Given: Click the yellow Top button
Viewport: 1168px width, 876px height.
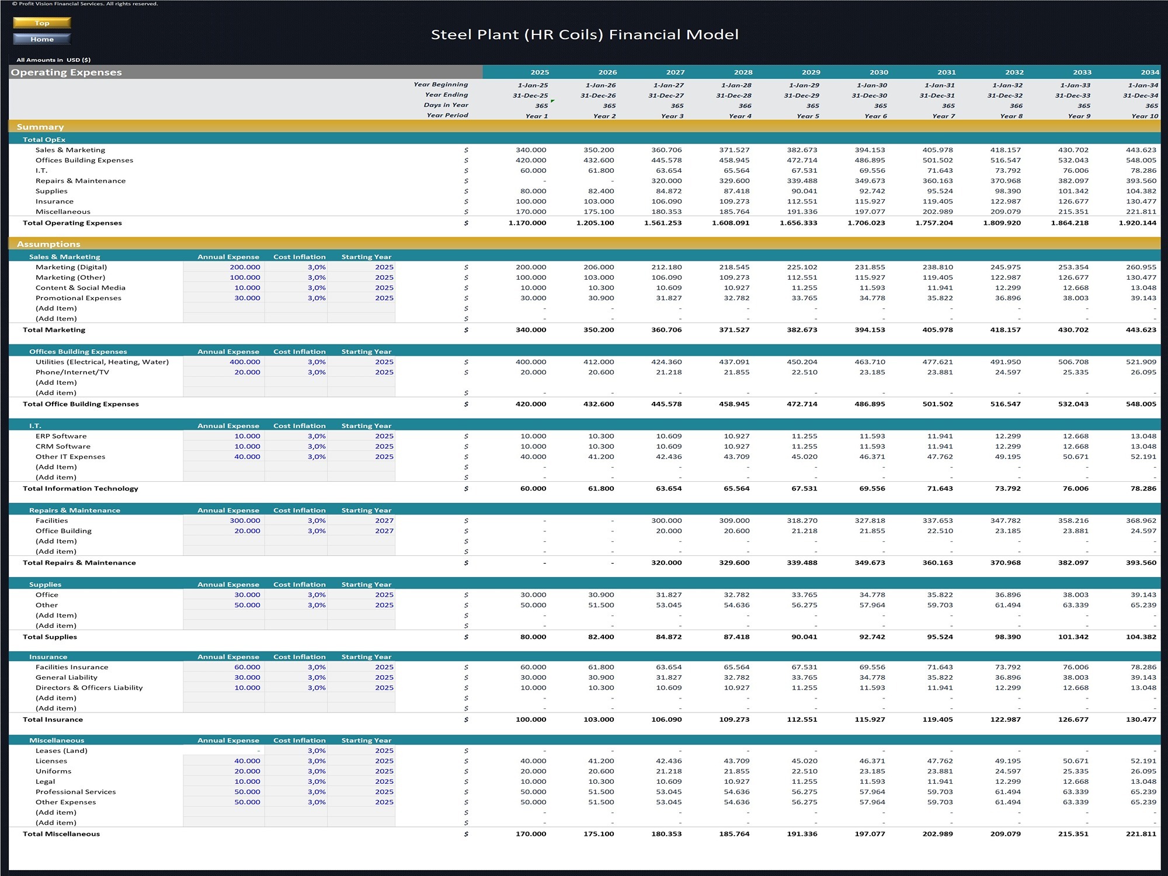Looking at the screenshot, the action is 42,23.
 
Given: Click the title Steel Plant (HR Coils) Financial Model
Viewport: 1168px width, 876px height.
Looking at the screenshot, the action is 585,35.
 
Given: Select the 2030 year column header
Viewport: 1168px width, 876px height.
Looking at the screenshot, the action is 878,72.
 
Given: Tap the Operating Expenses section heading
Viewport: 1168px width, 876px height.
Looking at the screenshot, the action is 67,72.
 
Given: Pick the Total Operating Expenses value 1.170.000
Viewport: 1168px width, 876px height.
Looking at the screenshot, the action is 527,223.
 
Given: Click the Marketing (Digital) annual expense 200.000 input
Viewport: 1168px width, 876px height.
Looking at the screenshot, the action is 245,267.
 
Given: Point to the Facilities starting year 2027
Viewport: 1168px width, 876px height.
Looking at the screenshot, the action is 384,521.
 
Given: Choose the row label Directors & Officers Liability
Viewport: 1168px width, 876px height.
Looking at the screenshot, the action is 89,688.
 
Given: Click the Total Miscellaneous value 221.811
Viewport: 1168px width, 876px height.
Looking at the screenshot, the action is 1141,834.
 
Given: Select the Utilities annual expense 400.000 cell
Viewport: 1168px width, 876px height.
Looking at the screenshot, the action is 245,362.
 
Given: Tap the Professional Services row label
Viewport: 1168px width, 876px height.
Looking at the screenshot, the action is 76,792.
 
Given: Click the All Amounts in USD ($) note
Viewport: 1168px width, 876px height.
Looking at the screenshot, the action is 54,60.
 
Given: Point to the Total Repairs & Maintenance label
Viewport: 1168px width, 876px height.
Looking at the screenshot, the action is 79,563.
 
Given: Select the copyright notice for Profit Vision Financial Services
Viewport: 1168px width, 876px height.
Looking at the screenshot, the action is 85,4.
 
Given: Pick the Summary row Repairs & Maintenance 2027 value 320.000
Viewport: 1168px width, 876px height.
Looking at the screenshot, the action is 666,181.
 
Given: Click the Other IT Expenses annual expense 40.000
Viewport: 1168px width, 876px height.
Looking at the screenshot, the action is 247,457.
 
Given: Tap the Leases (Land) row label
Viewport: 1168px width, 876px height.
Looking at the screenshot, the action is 61,751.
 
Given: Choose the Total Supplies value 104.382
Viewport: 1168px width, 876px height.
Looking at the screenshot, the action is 1141,637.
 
